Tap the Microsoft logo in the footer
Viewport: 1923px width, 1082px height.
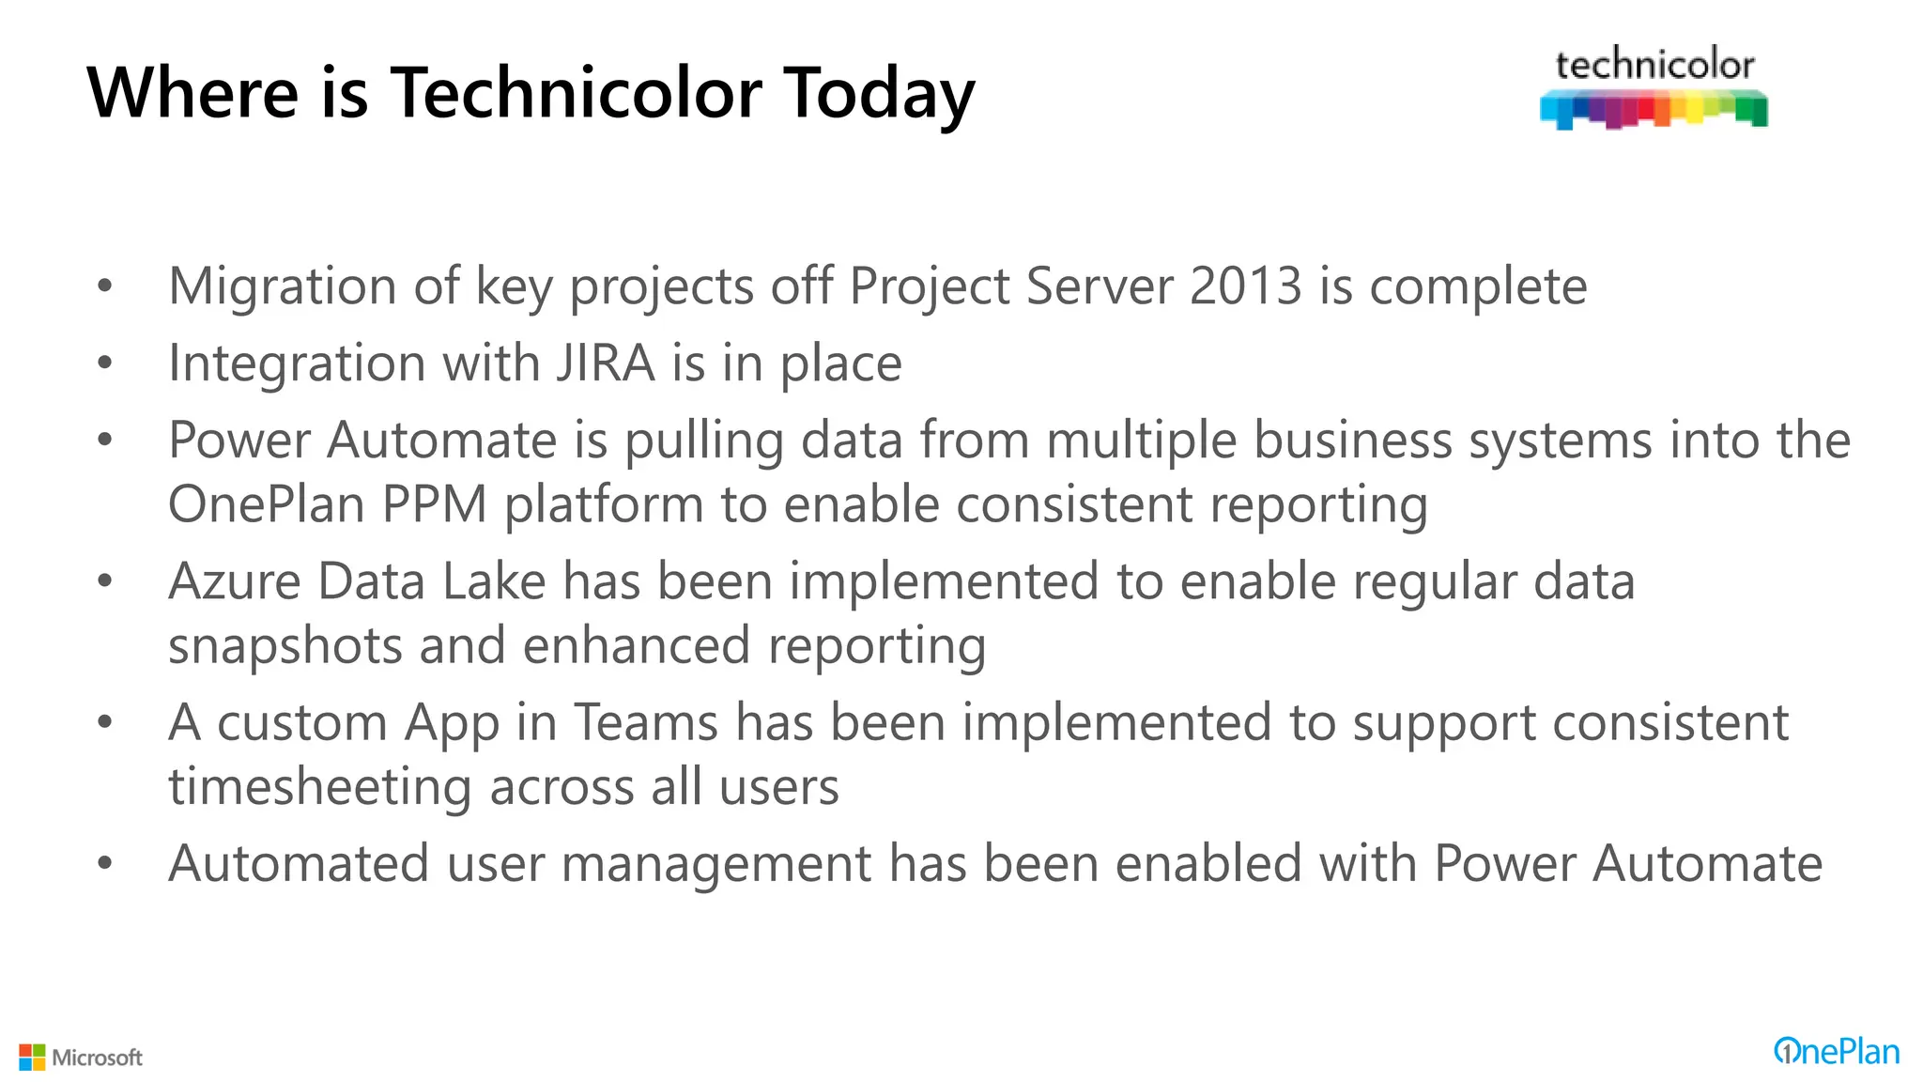tap(81, 1058)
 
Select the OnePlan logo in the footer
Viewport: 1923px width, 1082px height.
tap(1836, 1052)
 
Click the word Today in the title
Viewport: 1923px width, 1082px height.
tap(879, 93)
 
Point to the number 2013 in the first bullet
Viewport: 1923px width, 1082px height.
tap(1246, 286)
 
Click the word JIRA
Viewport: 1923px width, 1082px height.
tap(605, 363)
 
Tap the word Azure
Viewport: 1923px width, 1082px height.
tap(235, 581)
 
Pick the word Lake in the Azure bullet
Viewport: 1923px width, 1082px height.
tap(494, 581)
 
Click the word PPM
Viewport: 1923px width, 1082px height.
tap(435, 504)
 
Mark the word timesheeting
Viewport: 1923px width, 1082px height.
tap(320, 787)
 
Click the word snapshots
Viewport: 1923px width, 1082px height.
tap(285, 646)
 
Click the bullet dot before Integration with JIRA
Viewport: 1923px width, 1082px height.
tap(105, 363)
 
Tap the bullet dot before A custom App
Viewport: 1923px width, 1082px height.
tap(105, 723)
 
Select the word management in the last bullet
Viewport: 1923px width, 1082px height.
tap(716, 864)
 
